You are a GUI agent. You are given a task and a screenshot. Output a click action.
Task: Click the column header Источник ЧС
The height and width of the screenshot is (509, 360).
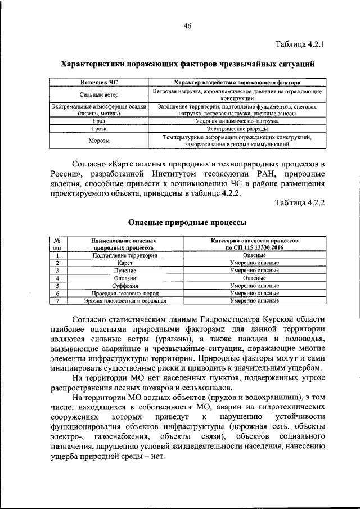(x=99, y=82)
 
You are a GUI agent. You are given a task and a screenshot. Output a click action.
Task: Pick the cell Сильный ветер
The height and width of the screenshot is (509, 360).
(x=99, y=95)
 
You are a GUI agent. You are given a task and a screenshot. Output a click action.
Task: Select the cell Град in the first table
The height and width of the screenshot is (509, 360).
(x=99, y=121)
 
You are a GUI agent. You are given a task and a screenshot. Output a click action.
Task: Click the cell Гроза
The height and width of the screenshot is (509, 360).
(x=99, y=129)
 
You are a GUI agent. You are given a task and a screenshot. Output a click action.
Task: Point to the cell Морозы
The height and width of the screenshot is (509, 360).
(x=99, y=141)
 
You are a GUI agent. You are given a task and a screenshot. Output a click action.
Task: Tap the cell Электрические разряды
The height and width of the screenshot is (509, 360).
(x=237, y=129)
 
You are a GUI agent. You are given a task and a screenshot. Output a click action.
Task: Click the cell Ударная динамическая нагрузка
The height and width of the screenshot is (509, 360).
(x=237, y=121)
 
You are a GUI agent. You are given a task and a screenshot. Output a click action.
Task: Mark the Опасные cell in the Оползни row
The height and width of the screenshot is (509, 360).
(x=254, y=278)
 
